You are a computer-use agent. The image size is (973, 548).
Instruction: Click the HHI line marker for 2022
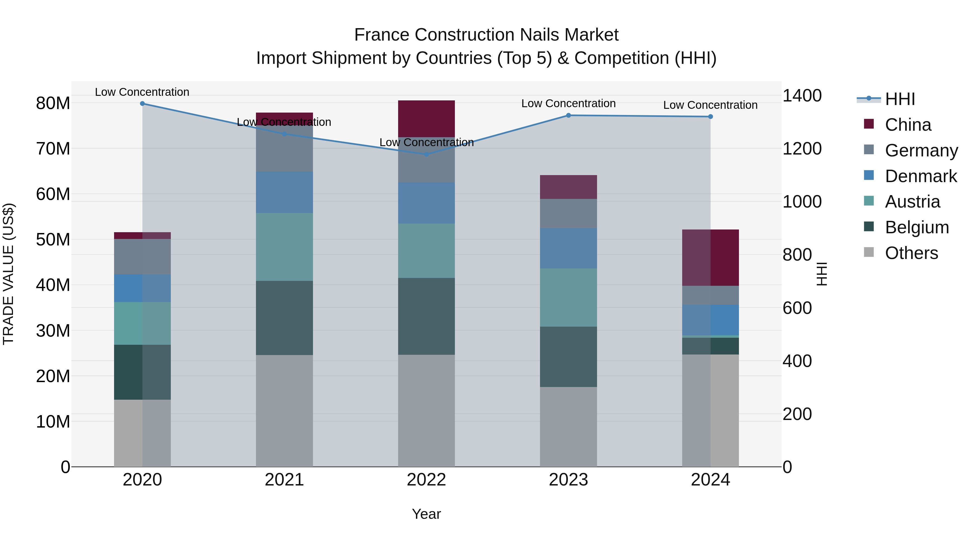(x=426, y=154)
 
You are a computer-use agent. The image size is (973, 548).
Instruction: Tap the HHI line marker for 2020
(x=142, y=104)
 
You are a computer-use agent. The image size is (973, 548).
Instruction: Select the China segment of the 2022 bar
(x=426, y=119)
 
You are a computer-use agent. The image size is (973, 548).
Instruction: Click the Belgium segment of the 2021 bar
(x=284, y=318)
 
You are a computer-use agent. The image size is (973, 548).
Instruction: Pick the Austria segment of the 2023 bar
(x=568, y=298)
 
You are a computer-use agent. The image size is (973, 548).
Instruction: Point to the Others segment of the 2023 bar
(x=568, y=426)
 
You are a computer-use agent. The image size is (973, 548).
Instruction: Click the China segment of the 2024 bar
(x=711, y=258)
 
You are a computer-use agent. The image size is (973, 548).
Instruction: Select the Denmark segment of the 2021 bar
(x=284, y=192)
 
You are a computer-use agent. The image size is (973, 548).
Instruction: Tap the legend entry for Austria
(x=912, y=202)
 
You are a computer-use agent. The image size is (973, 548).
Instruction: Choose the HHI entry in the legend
(x=900, y=99)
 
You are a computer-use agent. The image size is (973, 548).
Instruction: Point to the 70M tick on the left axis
(x=53, y=149)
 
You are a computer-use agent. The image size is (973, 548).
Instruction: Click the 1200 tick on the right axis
(x=802, y=149)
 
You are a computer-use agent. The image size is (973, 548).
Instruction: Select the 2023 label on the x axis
(x=568, y=480)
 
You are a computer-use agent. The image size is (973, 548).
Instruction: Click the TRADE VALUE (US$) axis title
(x=8, y=274)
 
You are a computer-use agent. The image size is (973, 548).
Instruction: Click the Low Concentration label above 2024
(x=711, y=105)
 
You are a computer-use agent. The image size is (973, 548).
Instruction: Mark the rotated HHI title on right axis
(x=822, y=274)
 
